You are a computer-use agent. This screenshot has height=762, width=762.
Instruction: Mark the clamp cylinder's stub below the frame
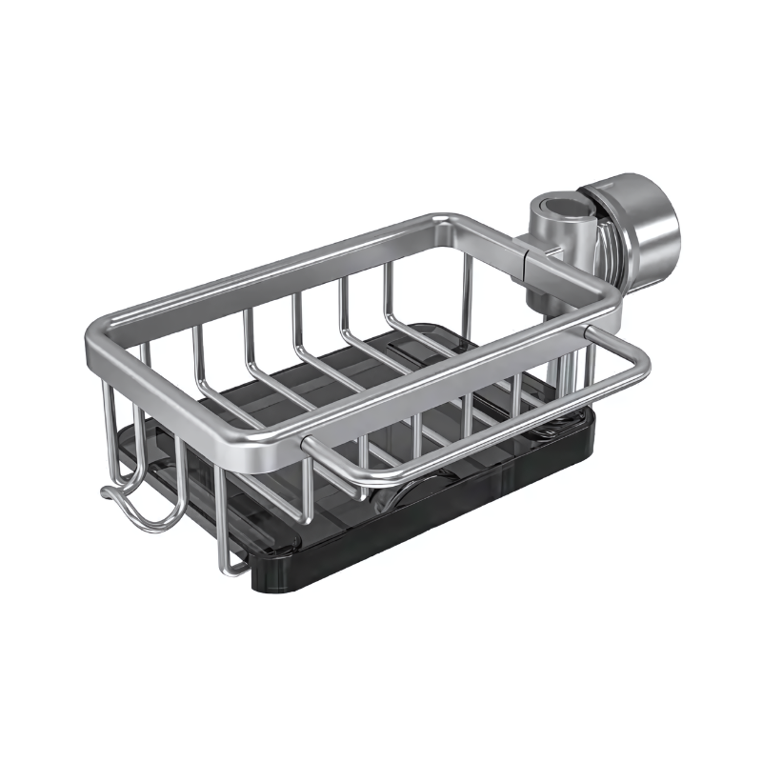(x=571, y=367)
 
